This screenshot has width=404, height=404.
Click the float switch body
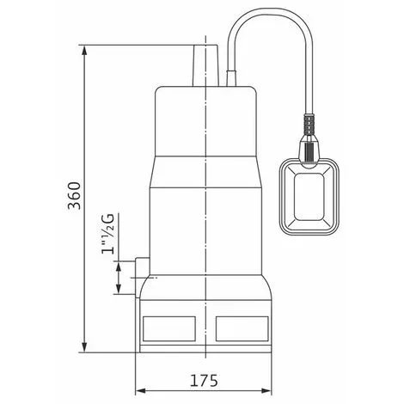(311, 196)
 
